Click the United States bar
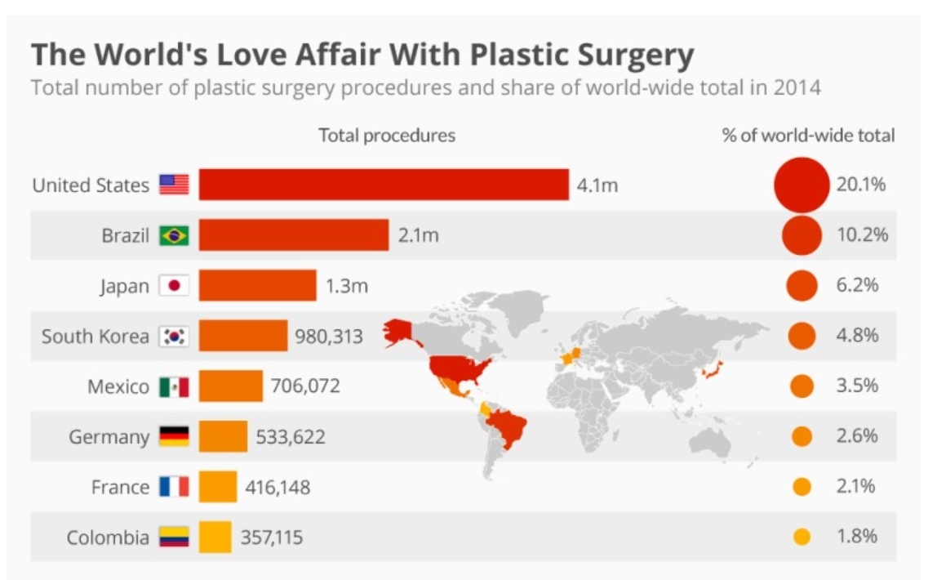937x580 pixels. coord(384,185)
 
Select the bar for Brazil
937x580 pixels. coord(294,235)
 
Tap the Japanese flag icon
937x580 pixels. coord(174,286)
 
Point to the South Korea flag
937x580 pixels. coord(174,336)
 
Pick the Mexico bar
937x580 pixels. coord(231,386)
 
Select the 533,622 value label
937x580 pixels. coord(291,437)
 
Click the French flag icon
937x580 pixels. coord(174,487)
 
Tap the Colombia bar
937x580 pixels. coord(215,537)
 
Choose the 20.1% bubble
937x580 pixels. coord(802,185)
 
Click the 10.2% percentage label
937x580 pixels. coord(862,235)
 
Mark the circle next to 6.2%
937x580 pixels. coord(802,286)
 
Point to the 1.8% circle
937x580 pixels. coord(802,537)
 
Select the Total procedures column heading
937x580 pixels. coord(387,136)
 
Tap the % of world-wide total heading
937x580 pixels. coord(808,136)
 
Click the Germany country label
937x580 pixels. coord(109,437)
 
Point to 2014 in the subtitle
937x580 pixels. coord(793,87)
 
